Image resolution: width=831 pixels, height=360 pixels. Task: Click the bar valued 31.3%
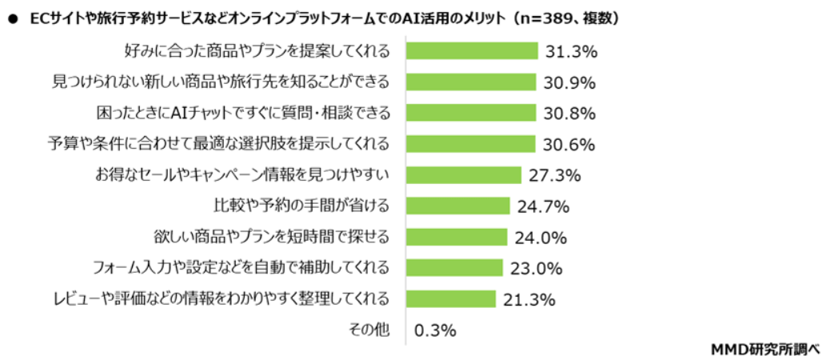click(x=472, y=51)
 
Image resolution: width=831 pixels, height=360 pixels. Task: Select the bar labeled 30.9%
click(x=471, y=82)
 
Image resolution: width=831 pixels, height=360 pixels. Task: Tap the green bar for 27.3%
click(x=464, y=174)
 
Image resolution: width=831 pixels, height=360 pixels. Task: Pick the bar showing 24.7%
click(x=458, y=206)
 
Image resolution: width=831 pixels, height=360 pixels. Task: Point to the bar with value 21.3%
click(x=451, y=298)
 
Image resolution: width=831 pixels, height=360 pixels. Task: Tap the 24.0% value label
click(x=541, y=238)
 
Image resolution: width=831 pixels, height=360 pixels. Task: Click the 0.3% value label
click(x=435, y=330)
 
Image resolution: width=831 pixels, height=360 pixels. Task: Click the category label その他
click(x=369, y=329)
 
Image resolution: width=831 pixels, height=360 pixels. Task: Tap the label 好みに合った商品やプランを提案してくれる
click(x=258, y=51)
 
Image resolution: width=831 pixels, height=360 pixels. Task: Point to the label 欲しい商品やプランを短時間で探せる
click(x=272, y=237)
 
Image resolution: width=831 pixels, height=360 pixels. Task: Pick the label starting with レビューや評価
click(x=220, y=298)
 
